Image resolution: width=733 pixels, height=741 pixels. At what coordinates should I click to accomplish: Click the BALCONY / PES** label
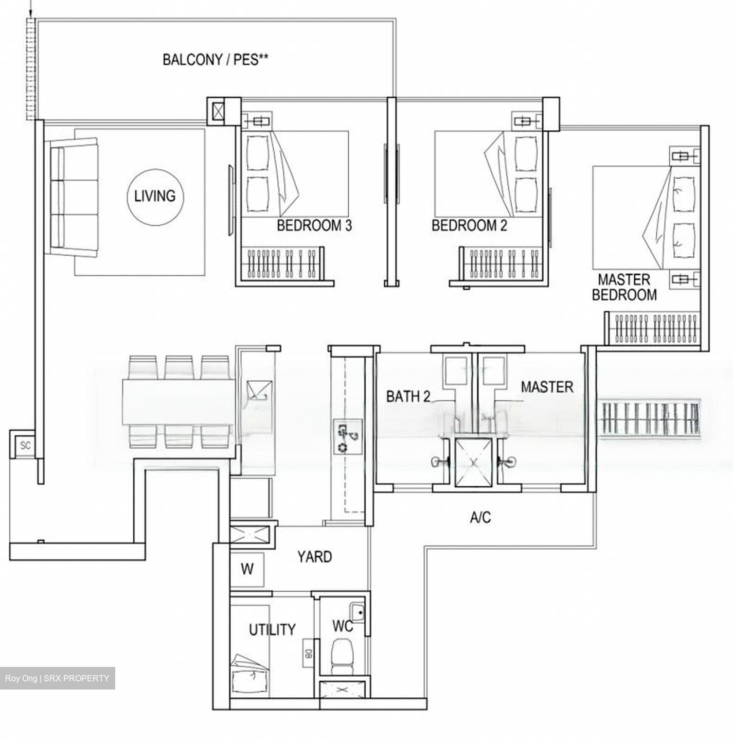pyautogui.click(x=216, y=60)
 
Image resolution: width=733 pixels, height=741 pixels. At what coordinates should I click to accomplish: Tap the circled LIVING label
pyautogui.click(x=154, y=196)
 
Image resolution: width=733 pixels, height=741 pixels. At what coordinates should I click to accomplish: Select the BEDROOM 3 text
pyautogui.click(x=314, y=225)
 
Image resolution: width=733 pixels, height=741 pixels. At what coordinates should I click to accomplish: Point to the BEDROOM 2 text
pyautogui.click(x=469, y=225)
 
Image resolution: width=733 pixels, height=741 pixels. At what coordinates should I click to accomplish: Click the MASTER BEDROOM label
pyautogui.click(x=624, y=287)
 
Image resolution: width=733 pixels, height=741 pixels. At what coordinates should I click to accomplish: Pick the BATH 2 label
pyautogui.click(x=408, y=397)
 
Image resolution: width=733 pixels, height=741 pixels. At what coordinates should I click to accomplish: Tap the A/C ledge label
pyautogui.click(x=480, y=517)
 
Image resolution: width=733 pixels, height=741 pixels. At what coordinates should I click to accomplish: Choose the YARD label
pyautogui.click(x=314, y=557)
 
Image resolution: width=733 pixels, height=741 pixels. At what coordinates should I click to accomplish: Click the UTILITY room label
pyautogui.click(x=272, y=629)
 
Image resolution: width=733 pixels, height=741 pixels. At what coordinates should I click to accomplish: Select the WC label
pyautogui.click(x=342, y=626)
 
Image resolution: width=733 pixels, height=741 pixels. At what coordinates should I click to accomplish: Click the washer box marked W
pyautogui.click(x=247, y=570)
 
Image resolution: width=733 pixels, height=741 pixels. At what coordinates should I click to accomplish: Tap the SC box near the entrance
pyautogui.click(x=25, y=445)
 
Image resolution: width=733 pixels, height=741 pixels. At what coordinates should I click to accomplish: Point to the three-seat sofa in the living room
pyautogui.click(x=74, y=197)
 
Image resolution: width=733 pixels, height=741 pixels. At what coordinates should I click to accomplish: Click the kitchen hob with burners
pyautogui.click(x=348, y=435)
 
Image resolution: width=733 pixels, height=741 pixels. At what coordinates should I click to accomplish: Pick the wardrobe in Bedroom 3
pyautogui.click(x=282, y=263)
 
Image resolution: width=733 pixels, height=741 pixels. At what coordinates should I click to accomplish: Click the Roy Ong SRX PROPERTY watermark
pyautogui.click(x=57, y=678)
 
